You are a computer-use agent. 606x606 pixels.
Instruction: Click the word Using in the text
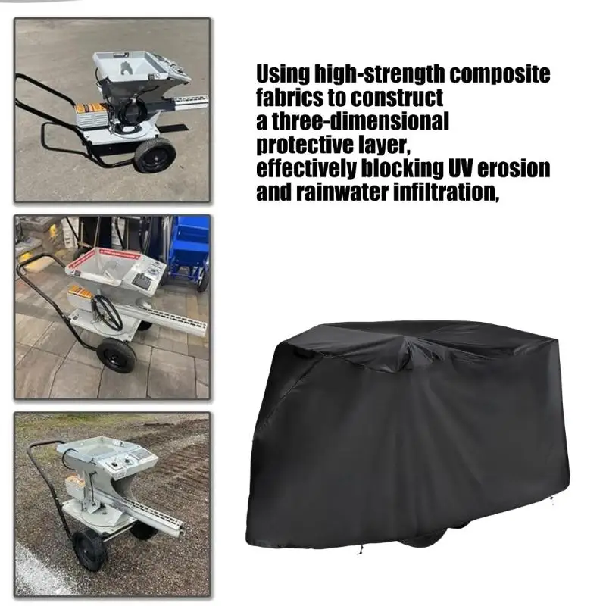pos(283,73)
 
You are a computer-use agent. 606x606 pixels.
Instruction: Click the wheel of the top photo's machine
pos(155,155)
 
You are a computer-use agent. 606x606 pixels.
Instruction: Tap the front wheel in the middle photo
pos(117,356)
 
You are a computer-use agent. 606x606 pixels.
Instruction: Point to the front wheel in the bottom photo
pos(89,550)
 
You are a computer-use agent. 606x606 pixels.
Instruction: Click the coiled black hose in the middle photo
pos(106,312)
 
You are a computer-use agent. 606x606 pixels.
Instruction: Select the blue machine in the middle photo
pos(189,253)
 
